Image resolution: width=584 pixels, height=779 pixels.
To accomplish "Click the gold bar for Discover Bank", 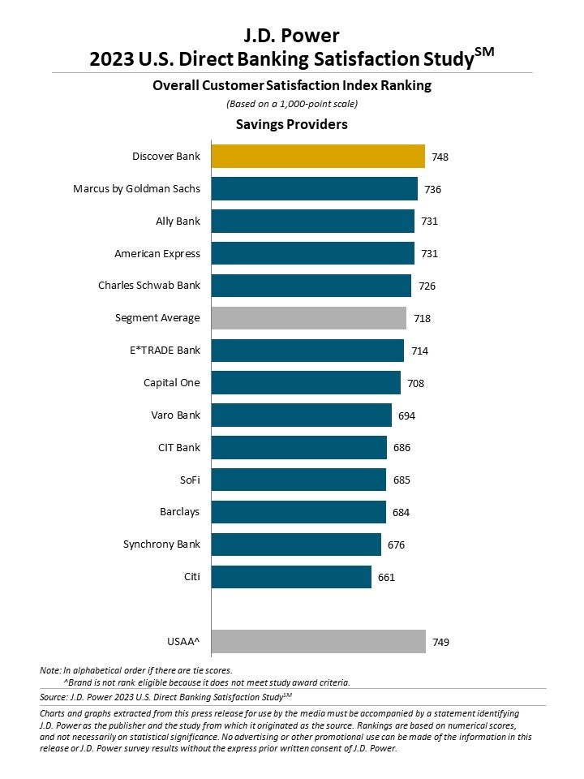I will tap(318, 156).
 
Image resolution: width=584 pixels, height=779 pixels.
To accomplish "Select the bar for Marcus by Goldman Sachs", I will tap(314, 188).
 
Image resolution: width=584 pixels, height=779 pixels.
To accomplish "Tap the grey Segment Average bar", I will tap(308, 318).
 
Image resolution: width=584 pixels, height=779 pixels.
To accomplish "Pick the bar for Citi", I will tap(291, 577).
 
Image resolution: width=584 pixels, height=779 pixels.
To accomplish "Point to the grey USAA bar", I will tap(318, 642).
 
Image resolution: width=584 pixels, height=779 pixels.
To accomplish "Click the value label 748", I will tap(440, 157).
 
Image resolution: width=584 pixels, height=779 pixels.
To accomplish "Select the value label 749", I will tap(440, 642).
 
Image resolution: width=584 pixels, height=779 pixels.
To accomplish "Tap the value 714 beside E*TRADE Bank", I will tap(419, 351).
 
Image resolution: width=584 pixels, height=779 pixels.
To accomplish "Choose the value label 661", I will tap(387, 577).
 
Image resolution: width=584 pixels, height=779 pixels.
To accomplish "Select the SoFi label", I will tap(188, 480).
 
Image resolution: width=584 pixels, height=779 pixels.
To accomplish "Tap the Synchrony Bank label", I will tap(161, 544).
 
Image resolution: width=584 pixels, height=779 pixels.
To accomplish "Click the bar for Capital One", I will tap(306, 383).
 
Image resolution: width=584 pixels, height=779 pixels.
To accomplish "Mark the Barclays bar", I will tap(298, 512).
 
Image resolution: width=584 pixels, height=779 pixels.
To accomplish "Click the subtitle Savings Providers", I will tap(291, 124).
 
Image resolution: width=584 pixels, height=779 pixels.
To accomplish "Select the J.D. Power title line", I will tap(291, 35).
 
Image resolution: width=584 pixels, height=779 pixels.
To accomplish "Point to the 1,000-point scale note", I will tap(291, 103).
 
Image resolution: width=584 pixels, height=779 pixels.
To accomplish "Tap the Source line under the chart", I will tap(165, 696).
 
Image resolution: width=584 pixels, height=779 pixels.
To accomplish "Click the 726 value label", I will tap(427, 286).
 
